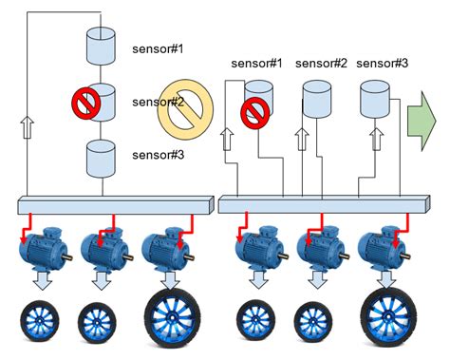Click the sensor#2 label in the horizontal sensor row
tap(322, 64)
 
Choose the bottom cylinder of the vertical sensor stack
tap(101, 157)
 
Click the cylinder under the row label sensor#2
tap(316, 97)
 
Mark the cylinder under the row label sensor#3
tap(375, 97)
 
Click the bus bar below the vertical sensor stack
tap(115, 205)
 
